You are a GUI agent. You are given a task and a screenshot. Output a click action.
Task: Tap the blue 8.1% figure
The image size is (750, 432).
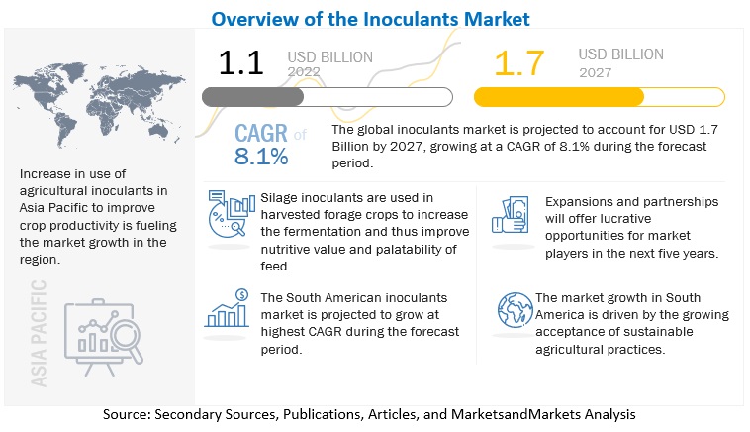pyautogui.click(x=261, y=157)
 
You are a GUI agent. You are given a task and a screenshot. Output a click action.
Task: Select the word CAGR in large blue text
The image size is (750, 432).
pyautogui.click(x=262, y=134)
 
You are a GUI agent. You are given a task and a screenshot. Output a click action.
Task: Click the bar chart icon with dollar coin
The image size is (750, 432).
pyautogui.click(x=227, y=311)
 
